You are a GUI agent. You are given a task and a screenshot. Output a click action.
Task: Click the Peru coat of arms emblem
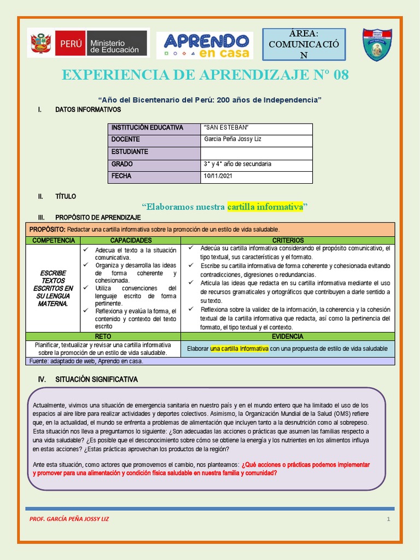40,43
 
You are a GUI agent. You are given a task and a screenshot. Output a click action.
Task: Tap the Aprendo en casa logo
205,45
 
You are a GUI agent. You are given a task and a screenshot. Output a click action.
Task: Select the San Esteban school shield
377,45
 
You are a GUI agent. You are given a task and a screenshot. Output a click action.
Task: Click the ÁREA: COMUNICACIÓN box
304,44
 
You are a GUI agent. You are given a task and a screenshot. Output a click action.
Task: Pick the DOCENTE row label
125,139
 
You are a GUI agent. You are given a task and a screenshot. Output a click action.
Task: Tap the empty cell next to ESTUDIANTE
256,152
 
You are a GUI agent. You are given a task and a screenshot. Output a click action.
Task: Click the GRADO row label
122,164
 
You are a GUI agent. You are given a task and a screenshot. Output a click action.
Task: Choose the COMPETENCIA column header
53,241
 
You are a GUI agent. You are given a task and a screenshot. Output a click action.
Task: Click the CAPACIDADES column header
131,241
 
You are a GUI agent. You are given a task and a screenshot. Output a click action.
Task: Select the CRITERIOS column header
288,241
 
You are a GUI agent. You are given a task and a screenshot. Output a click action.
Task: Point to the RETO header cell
103,337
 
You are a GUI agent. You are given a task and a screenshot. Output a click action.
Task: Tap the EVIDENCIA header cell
288,337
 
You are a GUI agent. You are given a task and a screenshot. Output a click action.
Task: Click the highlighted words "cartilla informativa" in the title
265,207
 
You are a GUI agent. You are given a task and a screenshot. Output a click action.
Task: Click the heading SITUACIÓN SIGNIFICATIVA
96,379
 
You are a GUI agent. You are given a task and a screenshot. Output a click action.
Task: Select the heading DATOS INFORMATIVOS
88,110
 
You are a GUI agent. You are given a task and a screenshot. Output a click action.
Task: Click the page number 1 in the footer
388,519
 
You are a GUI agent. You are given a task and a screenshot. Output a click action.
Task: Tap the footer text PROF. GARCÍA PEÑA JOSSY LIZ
69,519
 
